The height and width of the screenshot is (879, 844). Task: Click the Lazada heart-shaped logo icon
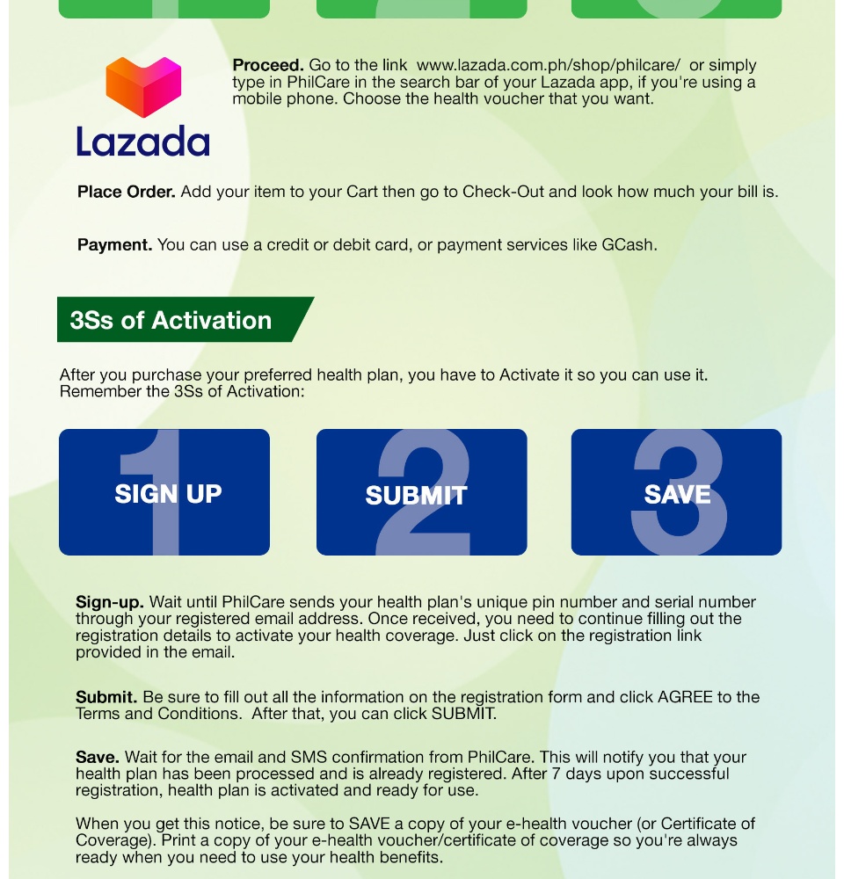(x=143, y=87)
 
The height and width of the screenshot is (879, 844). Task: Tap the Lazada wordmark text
(x=142, y=142)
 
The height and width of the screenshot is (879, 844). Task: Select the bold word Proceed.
(x=268, y=65)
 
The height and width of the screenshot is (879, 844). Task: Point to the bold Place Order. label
(x=127, y=192)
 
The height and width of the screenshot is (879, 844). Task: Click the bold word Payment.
(x=115, y=245)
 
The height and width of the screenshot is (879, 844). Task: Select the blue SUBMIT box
(x=421, y=492)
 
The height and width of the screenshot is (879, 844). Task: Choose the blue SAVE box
(x=676, y=492)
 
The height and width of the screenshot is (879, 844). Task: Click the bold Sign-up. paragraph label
(x=110, y=602)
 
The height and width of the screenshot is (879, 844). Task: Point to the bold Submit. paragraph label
(x=106, y=697)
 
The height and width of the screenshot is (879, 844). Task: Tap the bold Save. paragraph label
(x=98, y=757)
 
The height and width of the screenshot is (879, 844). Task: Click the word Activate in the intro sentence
(x=529, y=375)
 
